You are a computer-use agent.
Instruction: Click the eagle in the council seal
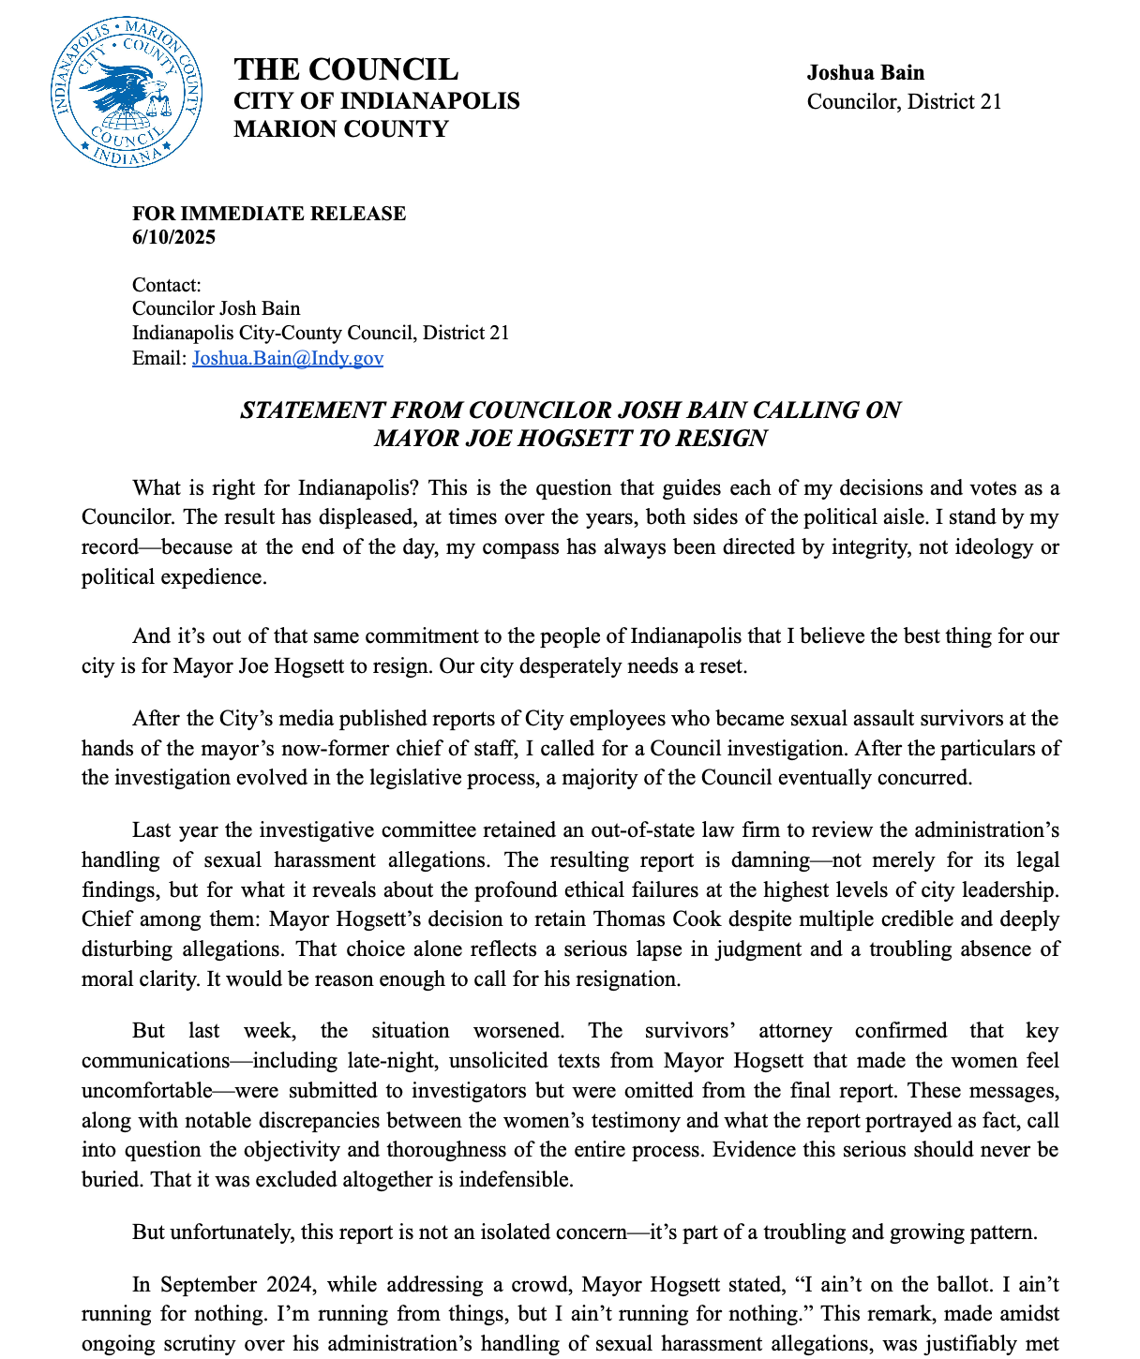[122, 89]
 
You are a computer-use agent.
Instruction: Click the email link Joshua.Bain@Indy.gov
[287, 358]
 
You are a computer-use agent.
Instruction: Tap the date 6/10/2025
[173, 237]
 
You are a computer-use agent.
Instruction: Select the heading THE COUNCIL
[345, 69]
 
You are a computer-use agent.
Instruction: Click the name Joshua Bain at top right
[865, 73]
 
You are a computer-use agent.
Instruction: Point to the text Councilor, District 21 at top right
[904, 101]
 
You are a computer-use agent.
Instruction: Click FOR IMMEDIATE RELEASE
[269, 214]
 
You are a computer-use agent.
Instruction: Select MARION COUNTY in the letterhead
[340, 129]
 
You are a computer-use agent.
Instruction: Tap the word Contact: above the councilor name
[167, 285]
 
